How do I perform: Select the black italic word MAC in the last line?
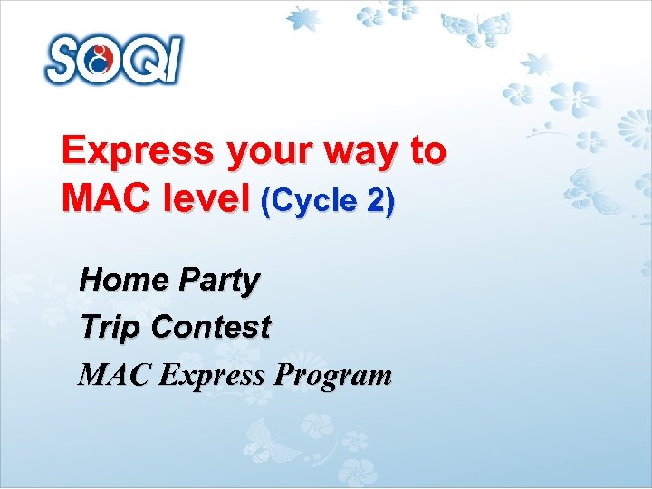pyautogui.click(x=114, y=374)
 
